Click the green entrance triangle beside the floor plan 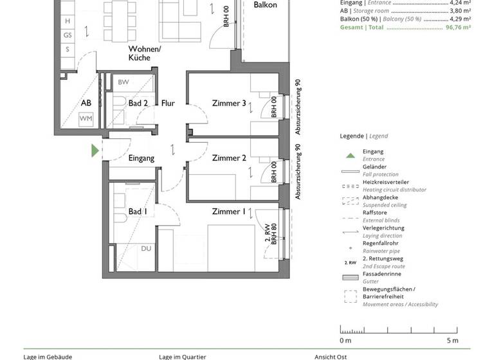click(95, 151)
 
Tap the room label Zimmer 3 click(229, 104)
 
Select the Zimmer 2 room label click(229, 158)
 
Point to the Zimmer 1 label click(229, 212)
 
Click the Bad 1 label click(138, 212)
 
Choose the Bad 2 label click(138, 104)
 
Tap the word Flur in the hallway click(168, 104)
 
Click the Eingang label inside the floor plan click(142, 158)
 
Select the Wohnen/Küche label click(145, 53)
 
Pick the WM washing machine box click(86, 119)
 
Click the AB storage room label click(86, 104)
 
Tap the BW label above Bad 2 click(123, 83)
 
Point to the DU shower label click(147, 248)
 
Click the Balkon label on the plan click(265, 5)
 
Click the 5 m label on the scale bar click(452, 340)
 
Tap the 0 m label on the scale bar click(345, 340)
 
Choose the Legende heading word click(352, 136)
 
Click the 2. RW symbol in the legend click(350, 263)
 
